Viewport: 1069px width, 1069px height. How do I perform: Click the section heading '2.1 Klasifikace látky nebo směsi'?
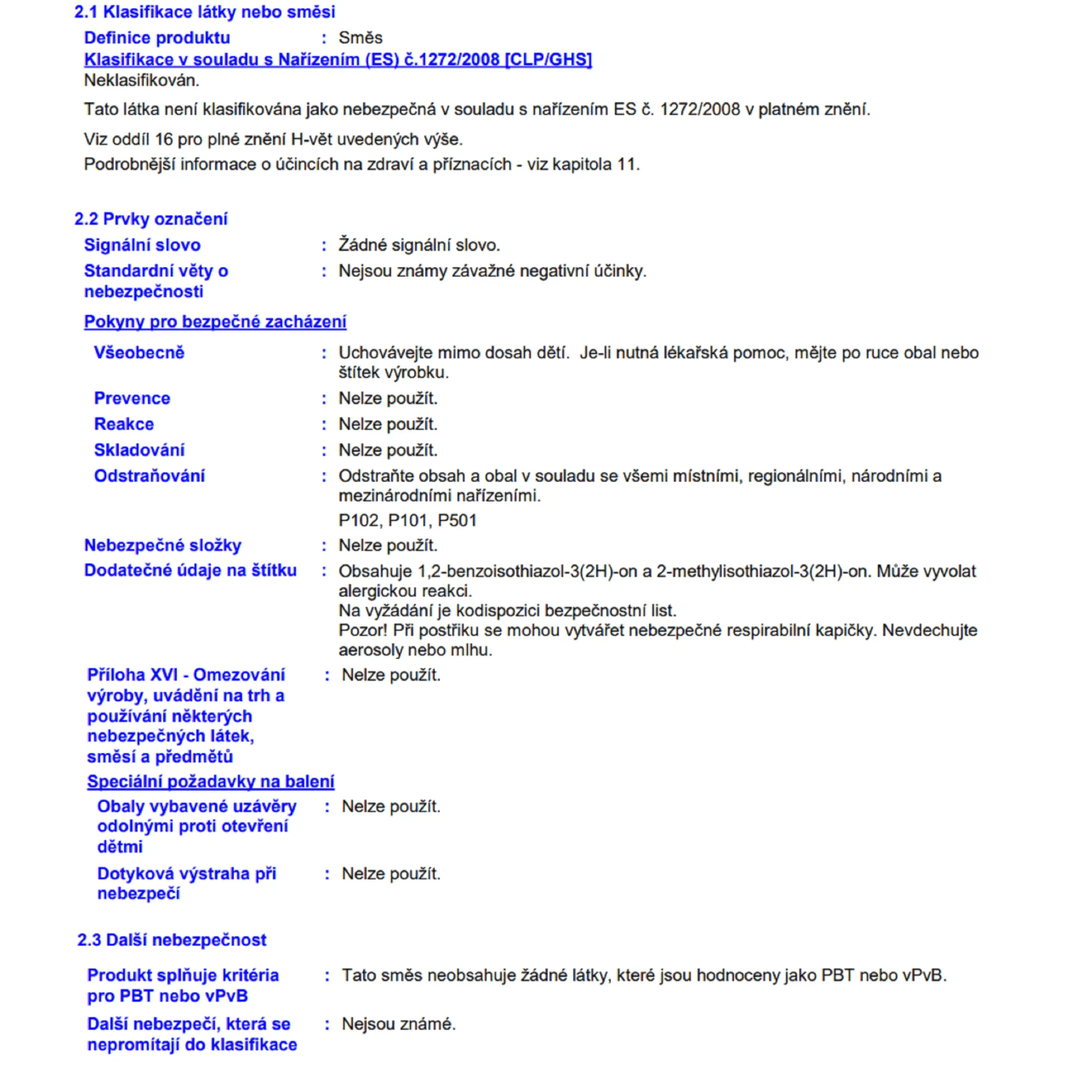(205, 12)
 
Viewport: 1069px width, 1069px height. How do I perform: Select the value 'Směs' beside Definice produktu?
(360, 38)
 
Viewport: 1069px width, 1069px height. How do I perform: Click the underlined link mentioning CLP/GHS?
(338, 60)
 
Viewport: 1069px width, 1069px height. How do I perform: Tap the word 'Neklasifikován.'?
(141, 81)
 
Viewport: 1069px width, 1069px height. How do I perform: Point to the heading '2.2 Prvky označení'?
(151, 219)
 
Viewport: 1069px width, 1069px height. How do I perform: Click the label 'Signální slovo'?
(143, 245)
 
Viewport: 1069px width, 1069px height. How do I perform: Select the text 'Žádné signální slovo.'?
(419, 245)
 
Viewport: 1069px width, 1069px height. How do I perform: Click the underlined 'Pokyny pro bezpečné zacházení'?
(215, 322)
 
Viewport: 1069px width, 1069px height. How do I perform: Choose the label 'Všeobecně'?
(139, 353)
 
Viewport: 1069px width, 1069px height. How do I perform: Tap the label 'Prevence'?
(132, 398)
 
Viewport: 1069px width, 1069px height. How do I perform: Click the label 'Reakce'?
(124, 424)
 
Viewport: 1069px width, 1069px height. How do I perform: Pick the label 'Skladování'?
(139, 450)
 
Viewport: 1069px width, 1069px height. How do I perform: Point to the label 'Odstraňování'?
(150, 476)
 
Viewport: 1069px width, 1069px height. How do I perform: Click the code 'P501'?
(457, 521)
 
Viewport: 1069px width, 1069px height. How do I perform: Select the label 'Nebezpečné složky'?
(162, 546)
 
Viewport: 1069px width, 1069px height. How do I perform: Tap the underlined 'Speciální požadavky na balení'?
(210, 782)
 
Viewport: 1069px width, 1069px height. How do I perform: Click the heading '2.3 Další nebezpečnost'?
(172, 940)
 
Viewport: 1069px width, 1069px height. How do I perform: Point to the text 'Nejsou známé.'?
(398, 1024)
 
